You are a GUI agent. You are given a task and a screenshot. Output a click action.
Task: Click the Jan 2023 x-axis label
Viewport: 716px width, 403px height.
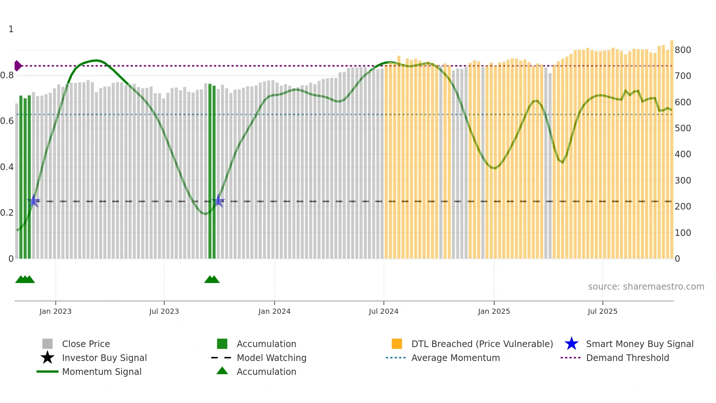(56, 311)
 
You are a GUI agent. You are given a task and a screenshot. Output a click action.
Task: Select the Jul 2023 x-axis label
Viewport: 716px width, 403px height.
(164, 311)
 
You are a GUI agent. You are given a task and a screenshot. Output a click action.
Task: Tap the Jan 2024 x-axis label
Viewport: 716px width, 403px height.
(274, 311)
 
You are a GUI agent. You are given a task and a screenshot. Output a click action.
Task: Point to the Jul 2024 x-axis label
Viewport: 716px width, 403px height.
(384, 311)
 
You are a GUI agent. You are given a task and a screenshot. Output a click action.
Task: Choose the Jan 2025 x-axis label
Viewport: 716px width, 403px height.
(494, 311)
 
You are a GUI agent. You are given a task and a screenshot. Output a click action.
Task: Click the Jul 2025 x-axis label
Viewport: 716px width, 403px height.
(602, 311)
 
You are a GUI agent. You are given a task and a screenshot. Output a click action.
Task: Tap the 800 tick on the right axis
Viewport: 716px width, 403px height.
(683, 50)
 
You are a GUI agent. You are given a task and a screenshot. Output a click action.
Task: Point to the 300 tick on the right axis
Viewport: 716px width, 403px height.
(683, 181)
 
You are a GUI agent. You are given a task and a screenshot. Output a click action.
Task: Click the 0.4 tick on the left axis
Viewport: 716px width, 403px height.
(7, 167)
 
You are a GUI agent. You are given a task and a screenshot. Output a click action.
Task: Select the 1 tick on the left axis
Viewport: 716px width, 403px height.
(11, 29)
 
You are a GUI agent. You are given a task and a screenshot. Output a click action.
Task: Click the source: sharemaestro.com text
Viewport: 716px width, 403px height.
(646, 287)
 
